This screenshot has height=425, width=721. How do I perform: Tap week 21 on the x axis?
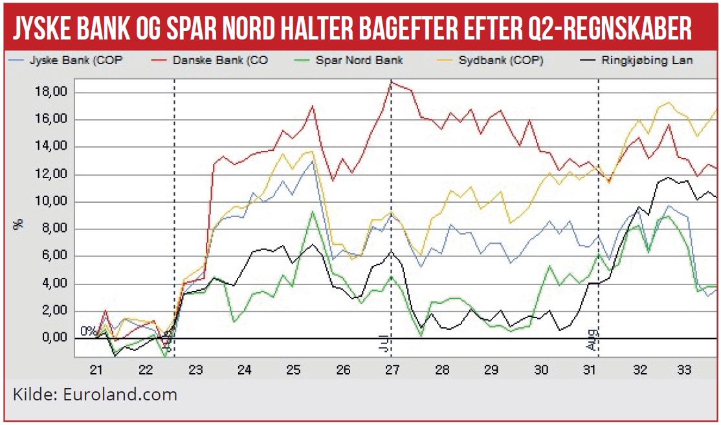pyautogui.click(x=96, y=371)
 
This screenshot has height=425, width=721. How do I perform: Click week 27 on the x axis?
pyautogui.click(x=392, y=371)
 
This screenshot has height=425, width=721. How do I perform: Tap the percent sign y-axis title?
pyautogui.click(x=19, y=225)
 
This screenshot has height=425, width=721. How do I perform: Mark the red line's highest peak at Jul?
pyautogui.click(x=392, y=81)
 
